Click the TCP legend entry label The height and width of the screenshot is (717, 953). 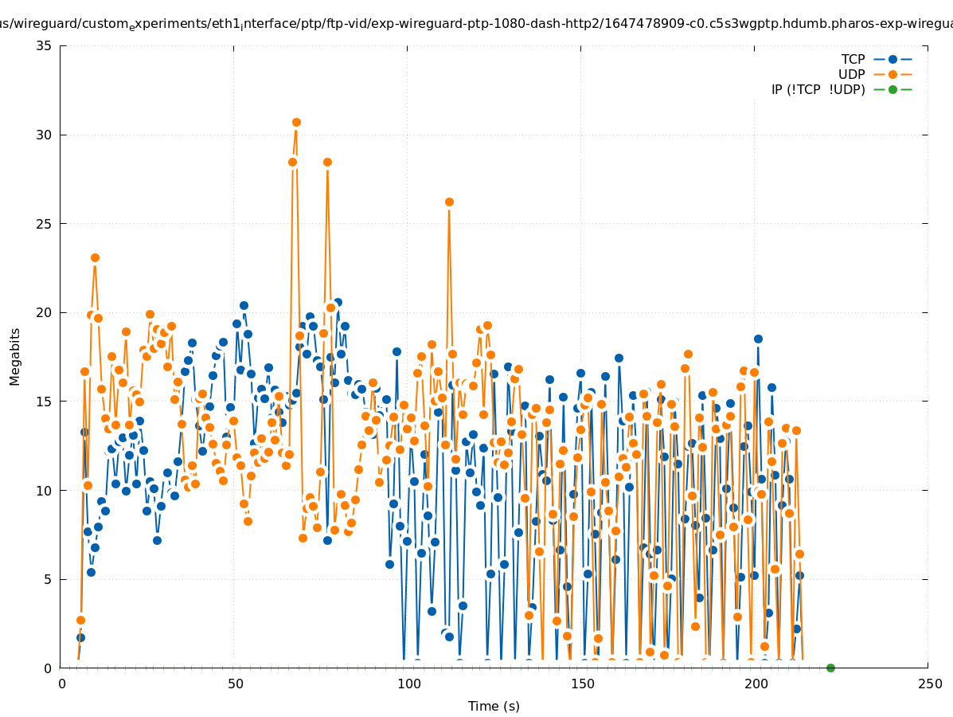pyautogui.click(x=853, y=59)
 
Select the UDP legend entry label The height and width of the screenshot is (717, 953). pyautogui.click(x=851, y=74)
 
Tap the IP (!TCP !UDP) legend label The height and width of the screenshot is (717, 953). pyautogui.click(x=818, y=89)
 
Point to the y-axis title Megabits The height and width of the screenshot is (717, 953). pyautogui.click(x=15, y=356)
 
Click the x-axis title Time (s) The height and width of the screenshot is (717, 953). pyautogui.click(x=494, y=706)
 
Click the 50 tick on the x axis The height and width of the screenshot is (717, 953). pyautogui.click(x=235, y=684)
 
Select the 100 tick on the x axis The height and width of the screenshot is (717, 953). pyautogui.click(x=408, y=684)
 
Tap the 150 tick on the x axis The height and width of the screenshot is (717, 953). pyautogui.click(x=582, y=684)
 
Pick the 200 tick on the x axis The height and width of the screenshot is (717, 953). pyautogui.click(x=756, y=684)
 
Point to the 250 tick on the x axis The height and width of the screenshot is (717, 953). pyautogui.click(x=929, y=684)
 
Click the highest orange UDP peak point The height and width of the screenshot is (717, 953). pyautogui.click(x=296, y=123)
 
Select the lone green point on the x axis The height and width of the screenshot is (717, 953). pyautogui.click(x=830, y=668)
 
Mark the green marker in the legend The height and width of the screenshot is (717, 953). pyautogui.click(x=892, y=89)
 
